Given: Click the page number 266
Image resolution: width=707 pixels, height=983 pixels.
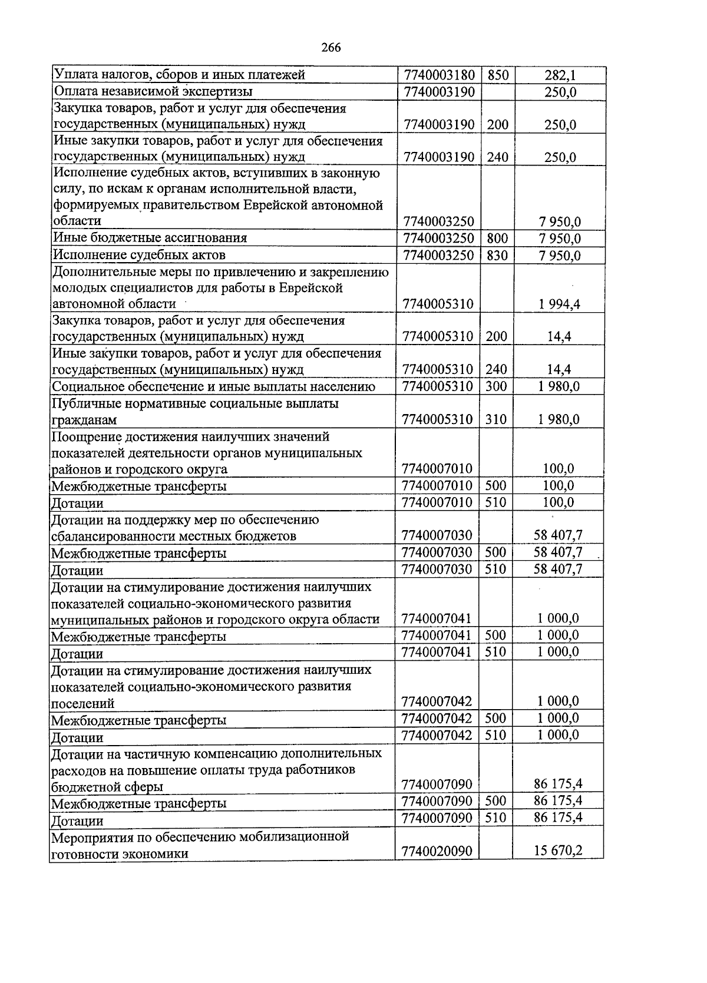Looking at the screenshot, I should pyautogui.click(x=331, y=48).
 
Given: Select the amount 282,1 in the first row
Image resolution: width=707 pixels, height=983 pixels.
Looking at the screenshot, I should pyautogui.click(x=560, y=75).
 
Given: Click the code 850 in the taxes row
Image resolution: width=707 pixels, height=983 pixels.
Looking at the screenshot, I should pyautogui.click(x=498, y=75).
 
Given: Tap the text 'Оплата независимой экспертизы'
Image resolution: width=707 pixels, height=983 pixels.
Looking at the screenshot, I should pyautogui.click(x=153, y=91).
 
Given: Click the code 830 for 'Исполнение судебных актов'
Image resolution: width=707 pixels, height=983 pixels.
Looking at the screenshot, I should pyautogui.click(x=497, y=255).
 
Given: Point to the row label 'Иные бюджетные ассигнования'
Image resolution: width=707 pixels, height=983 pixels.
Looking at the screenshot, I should pyautogui.click(x=150, y=238).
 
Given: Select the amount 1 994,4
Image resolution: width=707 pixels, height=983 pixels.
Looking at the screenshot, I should pyautogui.click(x=559, y=304).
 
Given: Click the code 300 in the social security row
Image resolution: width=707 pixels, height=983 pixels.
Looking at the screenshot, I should pyautogui.click(x=496, y=386).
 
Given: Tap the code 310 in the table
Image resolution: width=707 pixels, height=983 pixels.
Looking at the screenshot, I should pyautogui.click(x=496, y=419).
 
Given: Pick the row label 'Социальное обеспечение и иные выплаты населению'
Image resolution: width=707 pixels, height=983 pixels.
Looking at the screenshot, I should pyautogui.click(x=214, y=386).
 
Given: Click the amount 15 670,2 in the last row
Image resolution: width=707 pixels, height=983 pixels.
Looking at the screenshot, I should pyautogui.click(x=558, y=850).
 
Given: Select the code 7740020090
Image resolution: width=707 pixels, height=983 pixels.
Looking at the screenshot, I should pyautogui.click(x=437, y=851).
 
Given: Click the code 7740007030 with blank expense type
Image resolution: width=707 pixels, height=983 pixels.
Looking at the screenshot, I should pyautogui.click(x=437, y=535).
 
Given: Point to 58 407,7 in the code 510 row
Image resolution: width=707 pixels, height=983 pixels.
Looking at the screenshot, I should pyautogui.click(x=558, y=569).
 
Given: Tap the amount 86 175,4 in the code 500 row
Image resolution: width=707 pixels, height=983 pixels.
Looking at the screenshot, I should pyautogui.click(x=558, y=800).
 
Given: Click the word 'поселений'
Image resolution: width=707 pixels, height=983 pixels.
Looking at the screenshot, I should pyautogui.click(x=83, y=704).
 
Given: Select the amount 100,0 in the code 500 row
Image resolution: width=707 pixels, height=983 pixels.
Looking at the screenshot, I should pyautogui.click(x=559, y=486).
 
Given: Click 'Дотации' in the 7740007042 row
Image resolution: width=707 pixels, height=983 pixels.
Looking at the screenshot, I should pyautogui.click(x=77, y=737).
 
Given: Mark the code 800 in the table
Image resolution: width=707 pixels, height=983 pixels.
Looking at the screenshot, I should pyautogui.click(x=497, y=239).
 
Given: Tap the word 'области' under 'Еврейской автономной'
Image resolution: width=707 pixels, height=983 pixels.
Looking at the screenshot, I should pyautogui.click(x=77, y=221).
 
